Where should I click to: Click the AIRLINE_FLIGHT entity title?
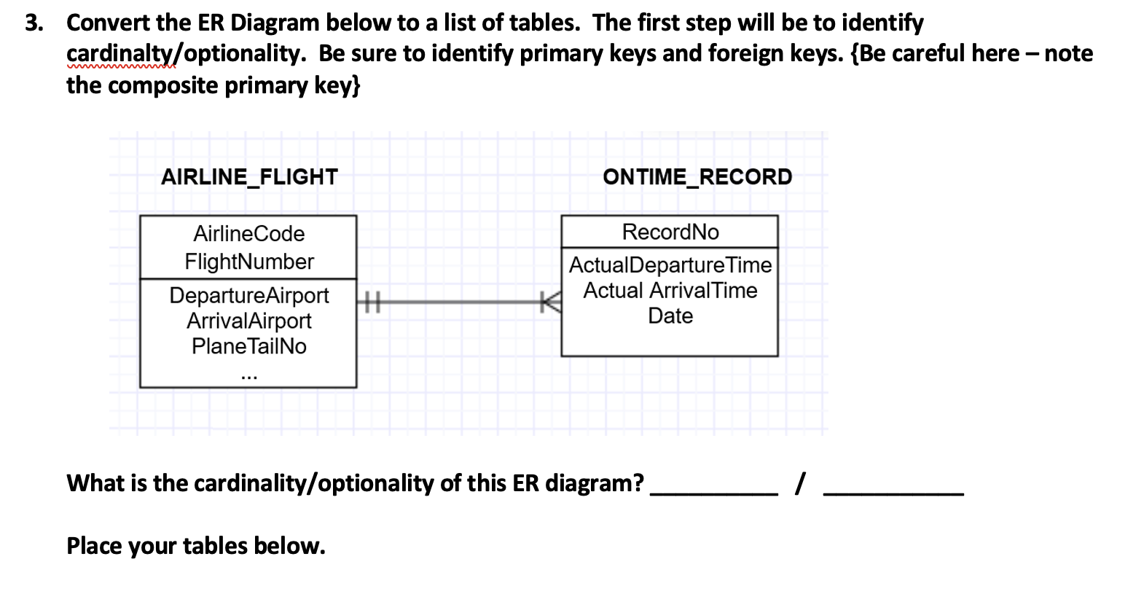tap(249, 177)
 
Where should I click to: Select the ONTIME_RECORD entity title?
tap(697, 177)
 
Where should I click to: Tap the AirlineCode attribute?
tap(249, 234)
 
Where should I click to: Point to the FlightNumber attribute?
tap(249, 262)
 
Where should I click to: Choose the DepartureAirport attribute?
tap(249, 295)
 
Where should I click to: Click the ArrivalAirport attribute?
tap(249, 321)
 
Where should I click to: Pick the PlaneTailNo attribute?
tap(249, 346)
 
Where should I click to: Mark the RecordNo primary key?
tap(670, 232)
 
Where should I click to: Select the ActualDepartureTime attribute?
tap(670, 265)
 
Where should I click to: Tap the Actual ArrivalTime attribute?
tap(670, 290)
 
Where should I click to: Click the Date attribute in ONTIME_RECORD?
tap(670, 316)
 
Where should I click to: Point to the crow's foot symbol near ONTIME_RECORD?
tap(552, 301)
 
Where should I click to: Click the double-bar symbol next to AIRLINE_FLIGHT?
tap(372, 301)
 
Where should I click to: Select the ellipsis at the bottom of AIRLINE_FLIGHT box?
tap(249, 377)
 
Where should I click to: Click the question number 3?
tap(32, 23)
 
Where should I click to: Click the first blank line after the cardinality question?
tap(713, 493)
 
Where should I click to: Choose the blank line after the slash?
tap(893, 493)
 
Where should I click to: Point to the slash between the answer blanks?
tap(801, 482)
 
